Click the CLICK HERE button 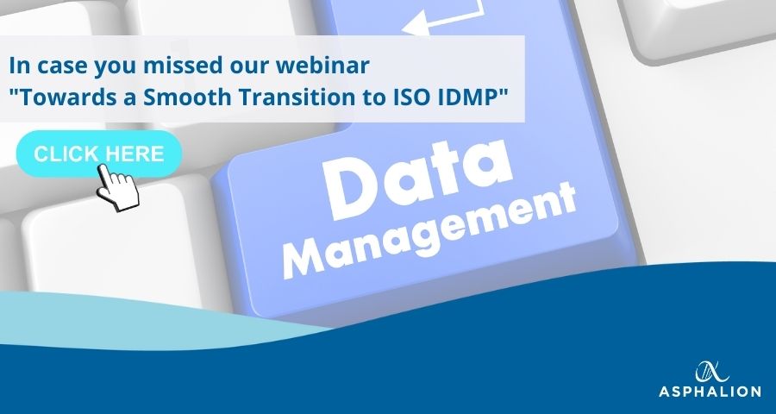coord(99,154)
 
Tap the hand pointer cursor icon coord(118,188)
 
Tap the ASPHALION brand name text coord(710,392)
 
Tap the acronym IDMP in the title coord(468,97)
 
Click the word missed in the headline coord(186,66)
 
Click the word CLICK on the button coord(66,154)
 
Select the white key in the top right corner coord(698,25)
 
